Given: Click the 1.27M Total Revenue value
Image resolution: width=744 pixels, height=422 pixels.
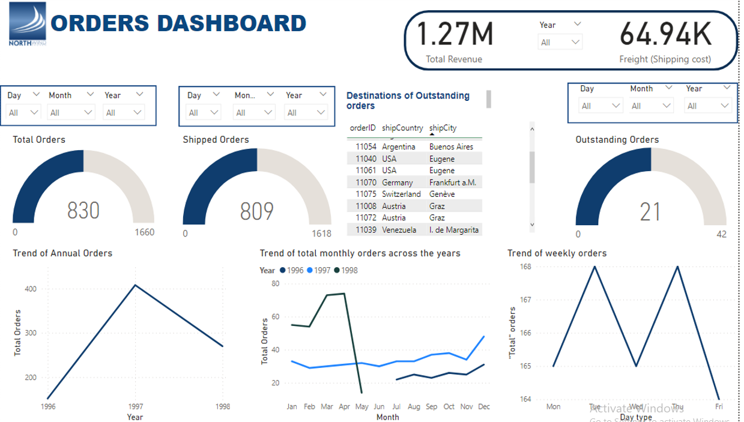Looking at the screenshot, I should [x=455, y=34].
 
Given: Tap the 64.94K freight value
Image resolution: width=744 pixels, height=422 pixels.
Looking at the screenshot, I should [x=665, y=34].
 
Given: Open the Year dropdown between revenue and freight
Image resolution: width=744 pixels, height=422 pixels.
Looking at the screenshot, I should [x=560, y=42].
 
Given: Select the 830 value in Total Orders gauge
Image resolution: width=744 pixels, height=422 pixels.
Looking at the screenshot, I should [x=83, y=211].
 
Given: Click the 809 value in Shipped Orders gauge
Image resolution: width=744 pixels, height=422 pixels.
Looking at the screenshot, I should [x=256, y=211].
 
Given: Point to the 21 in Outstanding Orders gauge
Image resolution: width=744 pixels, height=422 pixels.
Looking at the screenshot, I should [x=650, y=212].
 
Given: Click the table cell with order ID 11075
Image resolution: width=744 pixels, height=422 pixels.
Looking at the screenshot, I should [x=365, y=194].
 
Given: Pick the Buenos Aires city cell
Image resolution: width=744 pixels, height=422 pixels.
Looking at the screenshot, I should [x=451, y=146].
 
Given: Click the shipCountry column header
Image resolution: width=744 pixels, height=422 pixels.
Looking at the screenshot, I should [x=402, y=128].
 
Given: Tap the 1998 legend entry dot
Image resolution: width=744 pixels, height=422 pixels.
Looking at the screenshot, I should [x=337, y=270].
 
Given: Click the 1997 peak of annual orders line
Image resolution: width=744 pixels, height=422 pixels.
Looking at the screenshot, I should [x=135, y=285].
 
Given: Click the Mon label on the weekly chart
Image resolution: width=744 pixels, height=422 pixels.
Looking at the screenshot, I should [x=553, y=406].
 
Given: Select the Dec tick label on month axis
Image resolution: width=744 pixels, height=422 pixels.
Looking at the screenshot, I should [x=483, y=406].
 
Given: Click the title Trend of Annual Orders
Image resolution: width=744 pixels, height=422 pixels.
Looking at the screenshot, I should [x=62, y=253].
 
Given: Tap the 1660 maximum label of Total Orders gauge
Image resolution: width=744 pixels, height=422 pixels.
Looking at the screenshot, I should [x=144, y=232].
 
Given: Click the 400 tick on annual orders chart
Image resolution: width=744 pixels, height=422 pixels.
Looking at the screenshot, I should [x=31, y=289].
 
